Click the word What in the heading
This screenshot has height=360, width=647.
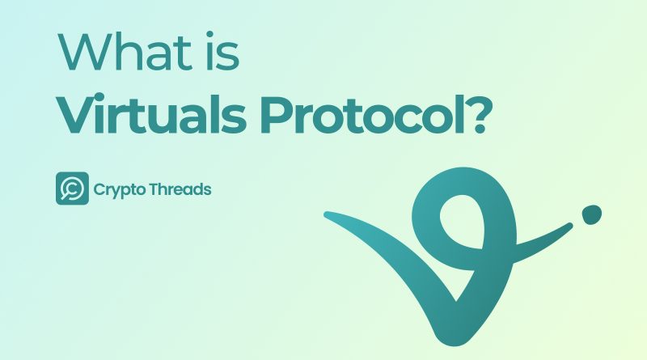[125, 52]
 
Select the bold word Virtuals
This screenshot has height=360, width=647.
[151, 113]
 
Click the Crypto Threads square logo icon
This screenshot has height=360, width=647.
[72, 188]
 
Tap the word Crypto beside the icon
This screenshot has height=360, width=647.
[120, 190]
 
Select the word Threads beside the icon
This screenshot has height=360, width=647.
[180, 189]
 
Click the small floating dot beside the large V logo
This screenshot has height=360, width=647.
[592, 214]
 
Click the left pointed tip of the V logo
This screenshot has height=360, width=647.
[326, 214]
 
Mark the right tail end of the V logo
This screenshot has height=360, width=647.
[571, 226]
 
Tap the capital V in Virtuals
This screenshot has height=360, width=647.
[78, 115]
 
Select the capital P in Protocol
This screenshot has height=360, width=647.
[277, 115]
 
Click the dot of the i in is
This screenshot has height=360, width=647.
[209, 34]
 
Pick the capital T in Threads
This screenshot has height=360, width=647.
[154, 189]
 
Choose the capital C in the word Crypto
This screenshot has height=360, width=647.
[99, 190]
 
